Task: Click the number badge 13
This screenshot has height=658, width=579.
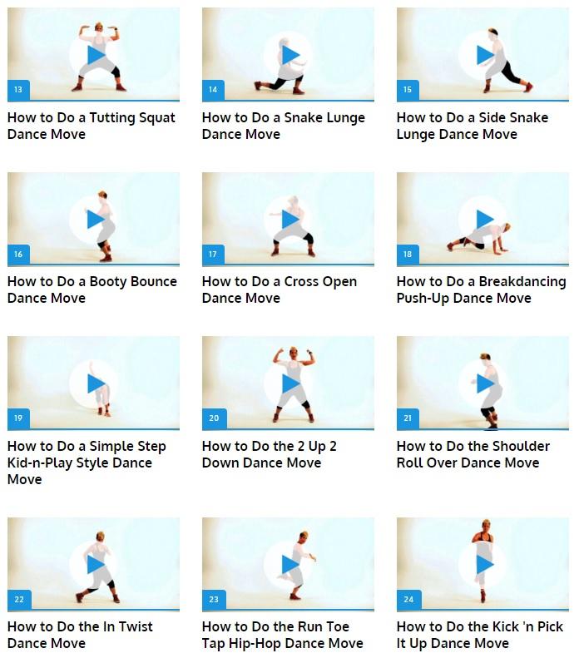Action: pos(18,90)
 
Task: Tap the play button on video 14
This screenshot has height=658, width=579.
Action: pos(290,55)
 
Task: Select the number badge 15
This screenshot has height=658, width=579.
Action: pos(408,90)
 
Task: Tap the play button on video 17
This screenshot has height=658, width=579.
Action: pos(290,220)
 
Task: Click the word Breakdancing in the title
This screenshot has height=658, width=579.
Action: pos(522,282)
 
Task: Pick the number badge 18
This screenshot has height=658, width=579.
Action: pos(408,255)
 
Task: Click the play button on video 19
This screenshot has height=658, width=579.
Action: pos(96,383)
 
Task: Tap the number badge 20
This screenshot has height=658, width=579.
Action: pos(214,418)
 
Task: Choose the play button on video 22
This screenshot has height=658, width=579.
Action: pos(96,565)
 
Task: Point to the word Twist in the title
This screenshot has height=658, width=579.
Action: pos(136,627)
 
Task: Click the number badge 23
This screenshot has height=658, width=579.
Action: pos(214,600)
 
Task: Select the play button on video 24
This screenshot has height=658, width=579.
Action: pos(485,565)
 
